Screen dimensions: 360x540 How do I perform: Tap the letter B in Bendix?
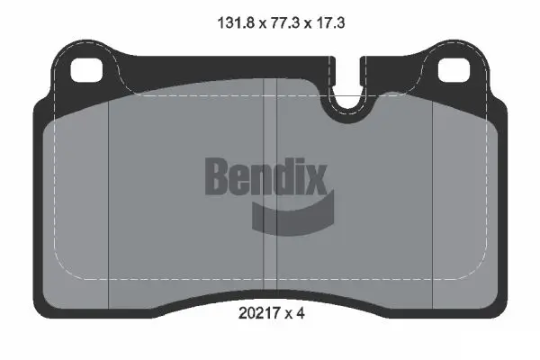pos(219,175)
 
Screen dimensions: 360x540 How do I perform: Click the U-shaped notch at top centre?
pos(347,102)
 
